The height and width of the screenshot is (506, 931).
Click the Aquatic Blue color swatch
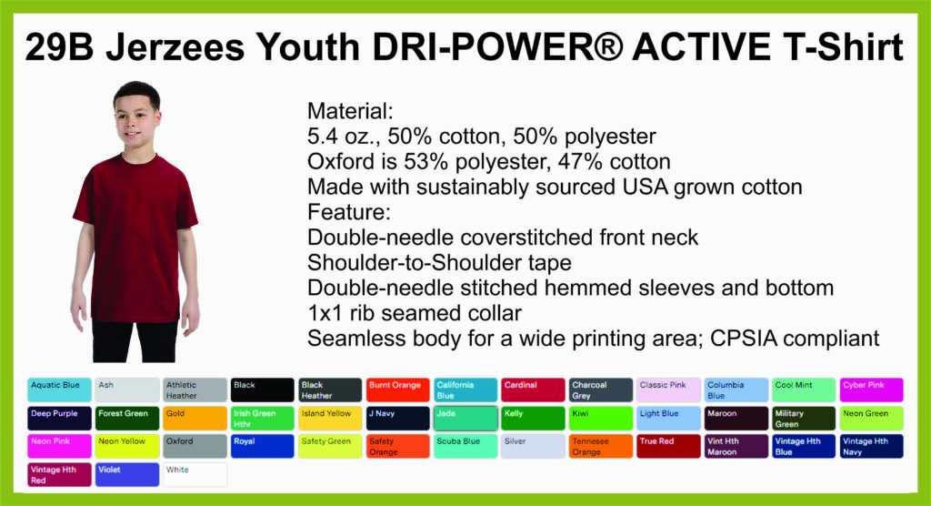coord(59,390)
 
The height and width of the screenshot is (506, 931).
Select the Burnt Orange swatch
coord(398,390)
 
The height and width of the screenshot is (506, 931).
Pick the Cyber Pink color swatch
coord(872,390)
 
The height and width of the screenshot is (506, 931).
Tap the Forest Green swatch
coord(127,419)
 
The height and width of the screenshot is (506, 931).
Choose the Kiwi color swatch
coord(601,419)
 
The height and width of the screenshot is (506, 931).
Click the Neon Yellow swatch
coord(127,447)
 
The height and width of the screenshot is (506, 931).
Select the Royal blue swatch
coord(263,447)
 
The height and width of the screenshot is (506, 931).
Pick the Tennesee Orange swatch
coord(601,447)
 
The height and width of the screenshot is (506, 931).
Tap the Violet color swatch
coord(127,474)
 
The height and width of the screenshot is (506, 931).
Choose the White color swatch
coord(195,474)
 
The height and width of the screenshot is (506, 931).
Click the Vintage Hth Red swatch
coord(59,474)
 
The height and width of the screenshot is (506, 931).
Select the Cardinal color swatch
coord(533,390)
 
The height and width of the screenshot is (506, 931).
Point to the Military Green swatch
coord(804,419)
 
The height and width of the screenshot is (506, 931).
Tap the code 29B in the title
coord(59,47)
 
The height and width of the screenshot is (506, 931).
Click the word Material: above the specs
coord(350,111)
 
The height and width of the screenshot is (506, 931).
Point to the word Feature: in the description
coord(349,212)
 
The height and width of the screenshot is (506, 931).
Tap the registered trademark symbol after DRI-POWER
coord(607,47)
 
